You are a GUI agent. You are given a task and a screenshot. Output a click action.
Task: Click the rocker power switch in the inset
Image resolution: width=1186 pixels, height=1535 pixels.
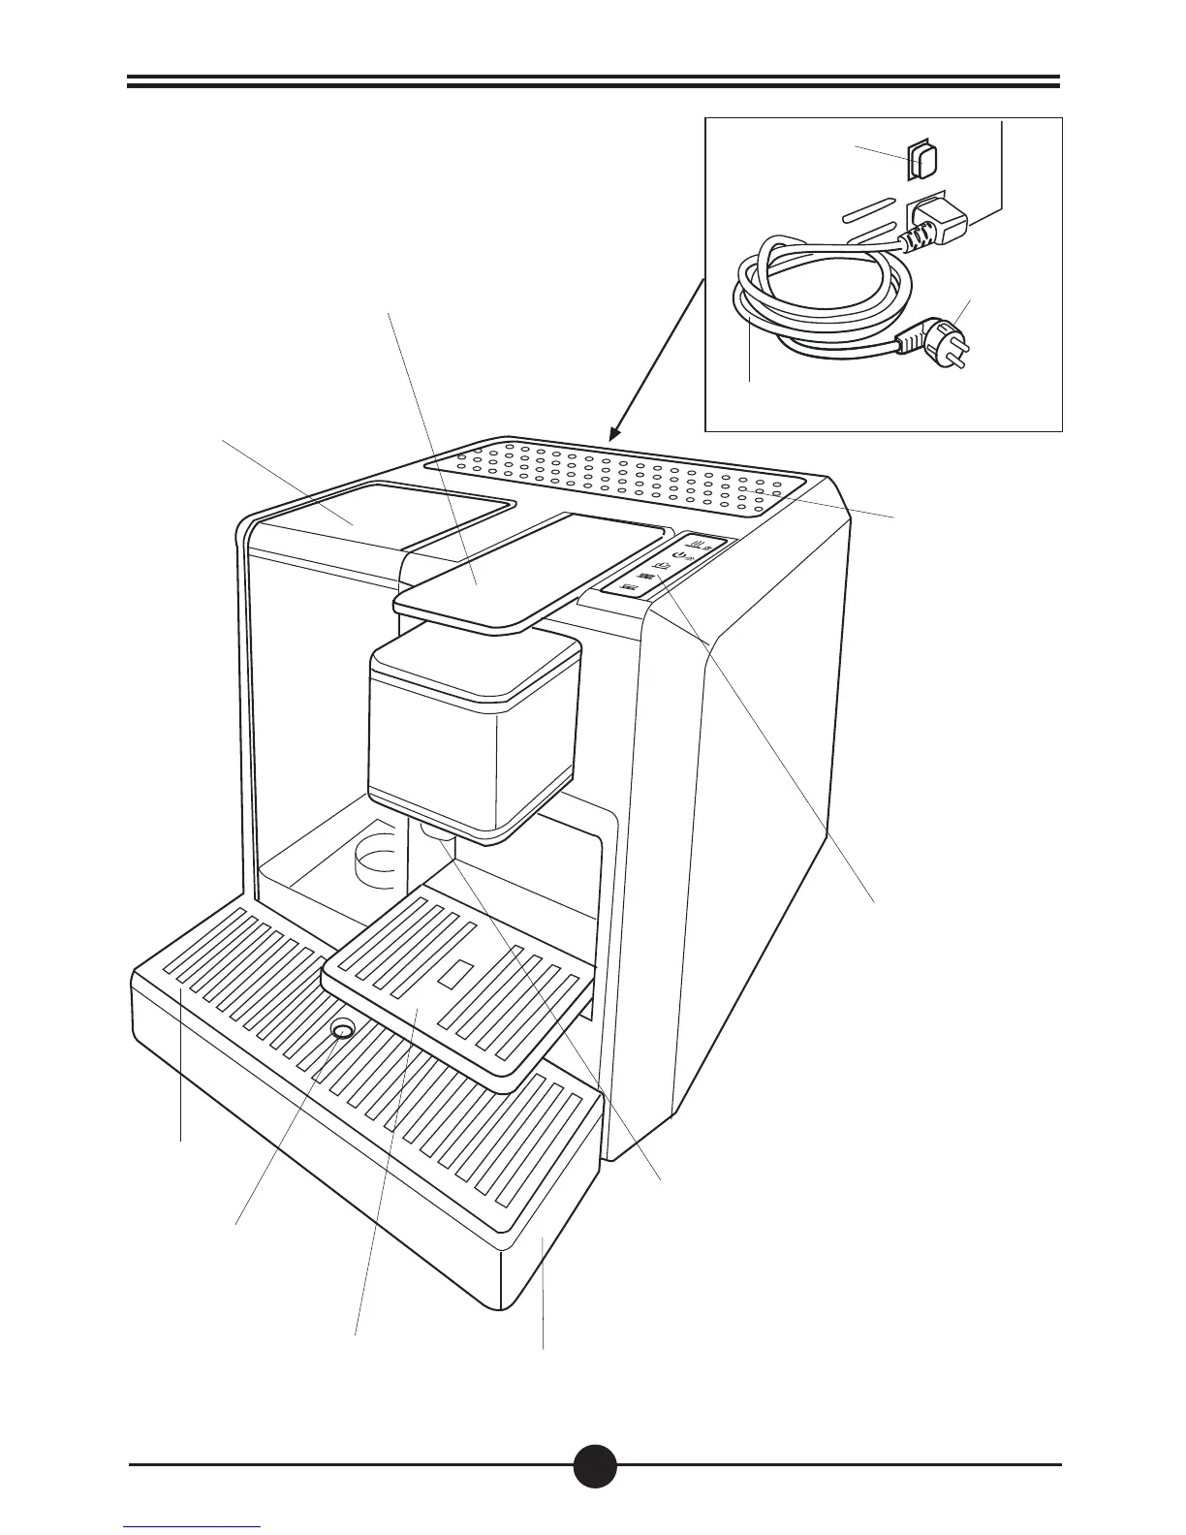(922, 161)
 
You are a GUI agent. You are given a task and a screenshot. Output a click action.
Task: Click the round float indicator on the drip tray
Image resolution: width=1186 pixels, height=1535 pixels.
(341, 1028)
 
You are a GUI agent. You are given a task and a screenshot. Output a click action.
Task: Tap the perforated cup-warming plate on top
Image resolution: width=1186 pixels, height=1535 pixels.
(620, 475)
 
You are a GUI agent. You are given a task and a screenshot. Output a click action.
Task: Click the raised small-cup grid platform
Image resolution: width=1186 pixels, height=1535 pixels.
(455, 988)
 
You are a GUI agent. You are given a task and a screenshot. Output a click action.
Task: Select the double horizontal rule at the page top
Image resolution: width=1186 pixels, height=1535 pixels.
(594, 81)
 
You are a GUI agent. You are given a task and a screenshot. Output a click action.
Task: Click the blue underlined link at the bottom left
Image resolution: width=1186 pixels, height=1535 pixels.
(193, 1528)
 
